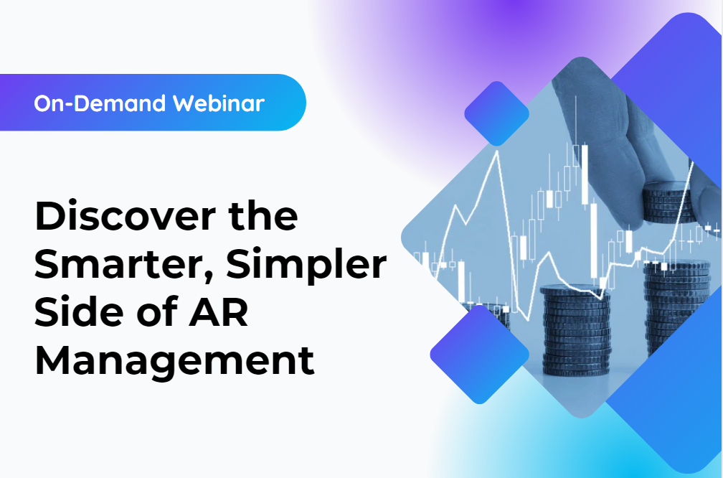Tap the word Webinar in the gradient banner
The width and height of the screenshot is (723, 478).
pos(219,103)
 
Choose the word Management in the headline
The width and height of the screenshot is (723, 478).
pos(174,361)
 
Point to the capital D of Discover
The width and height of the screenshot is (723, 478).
pos(49,216)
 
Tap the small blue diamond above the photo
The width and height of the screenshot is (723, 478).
pos(496,113)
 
